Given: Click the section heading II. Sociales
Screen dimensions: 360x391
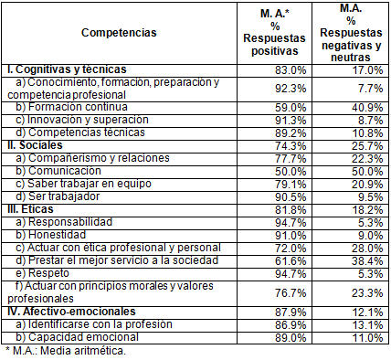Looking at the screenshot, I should pos(35,145).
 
